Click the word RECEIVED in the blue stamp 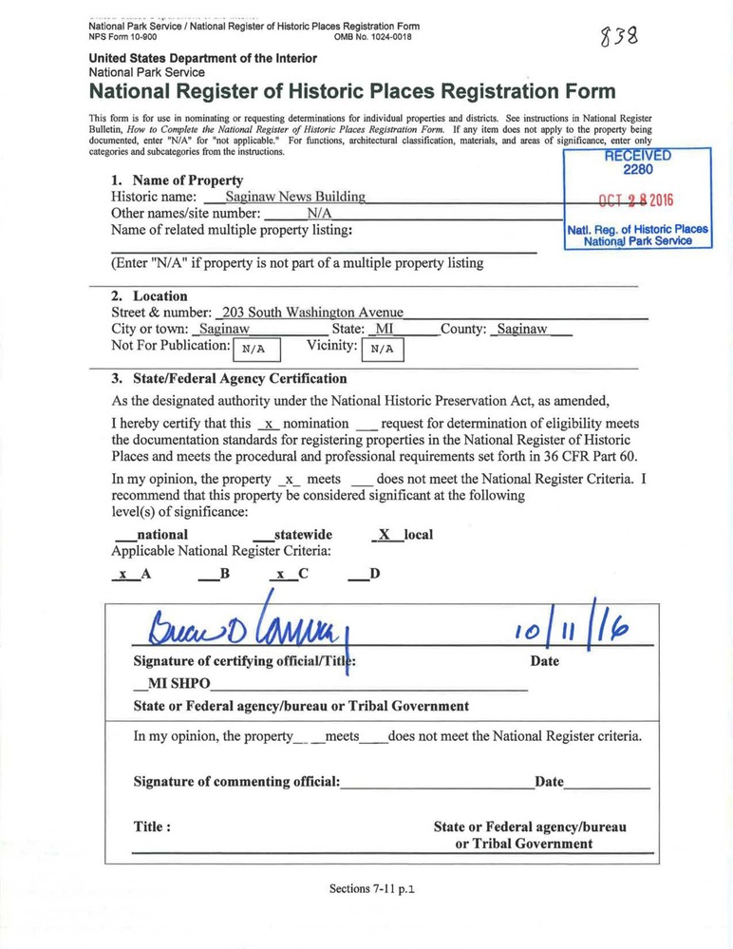637,157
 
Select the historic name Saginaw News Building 289,197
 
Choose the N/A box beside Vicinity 381,349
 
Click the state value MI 384,329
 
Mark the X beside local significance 384,535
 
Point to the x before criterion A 122,575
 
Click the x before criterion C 280,575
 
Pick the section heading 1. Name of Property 177,180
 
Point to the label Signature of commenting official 235,782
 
